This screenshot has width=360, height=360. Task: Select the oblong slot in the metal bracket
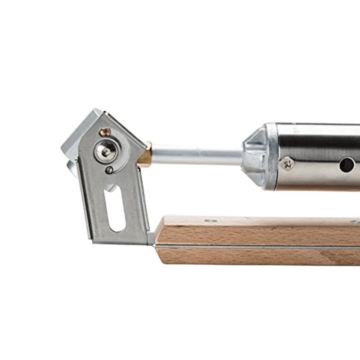(115, 207)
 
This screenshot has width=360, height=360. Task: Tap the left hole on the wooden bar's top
(210, 221)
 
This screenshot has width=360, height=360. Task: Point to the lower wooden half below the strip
(256, 256)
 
